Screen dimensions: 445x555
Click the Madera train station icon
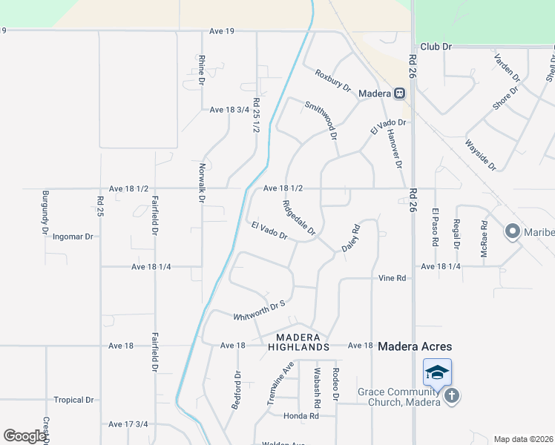(x=399, y=93)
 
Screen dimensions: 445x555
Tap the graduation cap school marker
(x=437, y=372)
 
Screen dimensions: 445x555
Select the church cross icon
(x=451, y=397)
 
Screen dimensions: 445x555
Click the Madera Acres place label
(x=415, y=346)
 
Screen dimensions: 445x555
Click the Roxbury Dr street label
(x=332, y=80)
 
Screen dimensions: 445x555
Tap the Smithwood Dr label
(x=321, y=121)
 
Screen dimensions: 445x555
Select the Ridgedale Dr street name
(x=299, y=217)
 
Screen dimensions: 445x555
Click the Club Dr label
(x=436, y=46)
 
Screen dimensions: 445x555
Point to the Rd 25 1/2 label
(x=256, y=115)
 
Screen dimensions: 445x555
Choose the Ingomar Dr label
(x=73, y=237)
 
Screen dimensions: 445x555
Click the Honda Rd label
(x=304, y=416)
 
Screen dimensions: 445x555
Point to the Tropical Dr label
(x=73, y=400)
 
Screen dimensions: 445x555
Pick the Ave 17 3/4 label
(x=128, y=424)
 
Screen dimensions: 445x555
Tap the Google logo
(x=24, y=436)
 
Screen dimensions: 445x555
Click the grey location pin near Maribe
(x=512, y=232)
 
